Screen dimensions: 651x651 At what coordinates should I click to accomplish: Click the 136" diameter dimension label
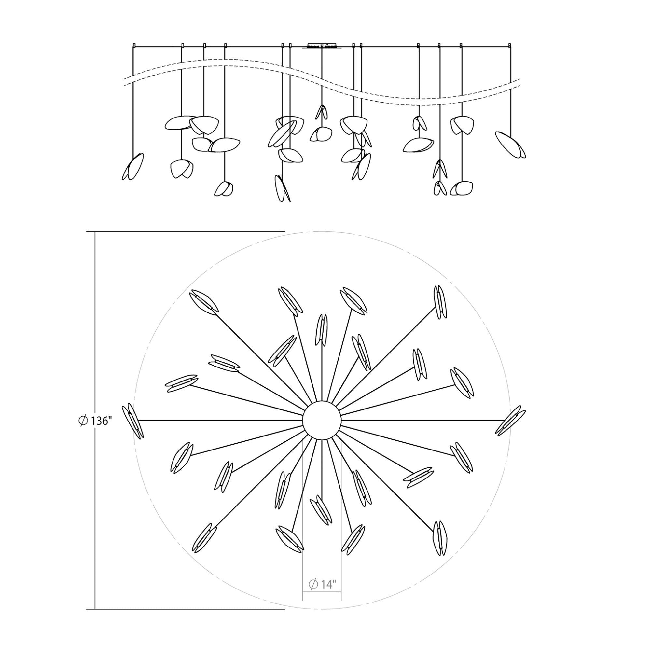95,421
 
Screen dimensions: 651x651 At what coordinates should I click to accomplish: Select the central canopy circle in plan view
322,420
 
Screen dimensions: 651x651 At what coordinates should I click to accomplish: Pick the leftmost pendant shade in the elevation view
132,167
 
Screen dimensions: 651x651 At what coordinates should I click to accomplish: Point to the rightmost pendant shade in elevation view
510,145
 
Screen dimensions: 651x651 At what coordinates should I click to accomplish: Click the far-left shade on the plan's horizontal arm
133,421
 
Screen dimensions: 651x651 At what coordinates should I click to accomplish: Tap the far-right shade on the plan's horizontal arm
510,421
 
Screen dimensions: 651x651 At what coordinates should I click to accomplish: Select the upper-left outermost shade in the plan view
203,302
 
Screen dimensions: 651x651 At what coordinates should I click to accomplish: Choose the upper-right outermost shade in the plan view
438,302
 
